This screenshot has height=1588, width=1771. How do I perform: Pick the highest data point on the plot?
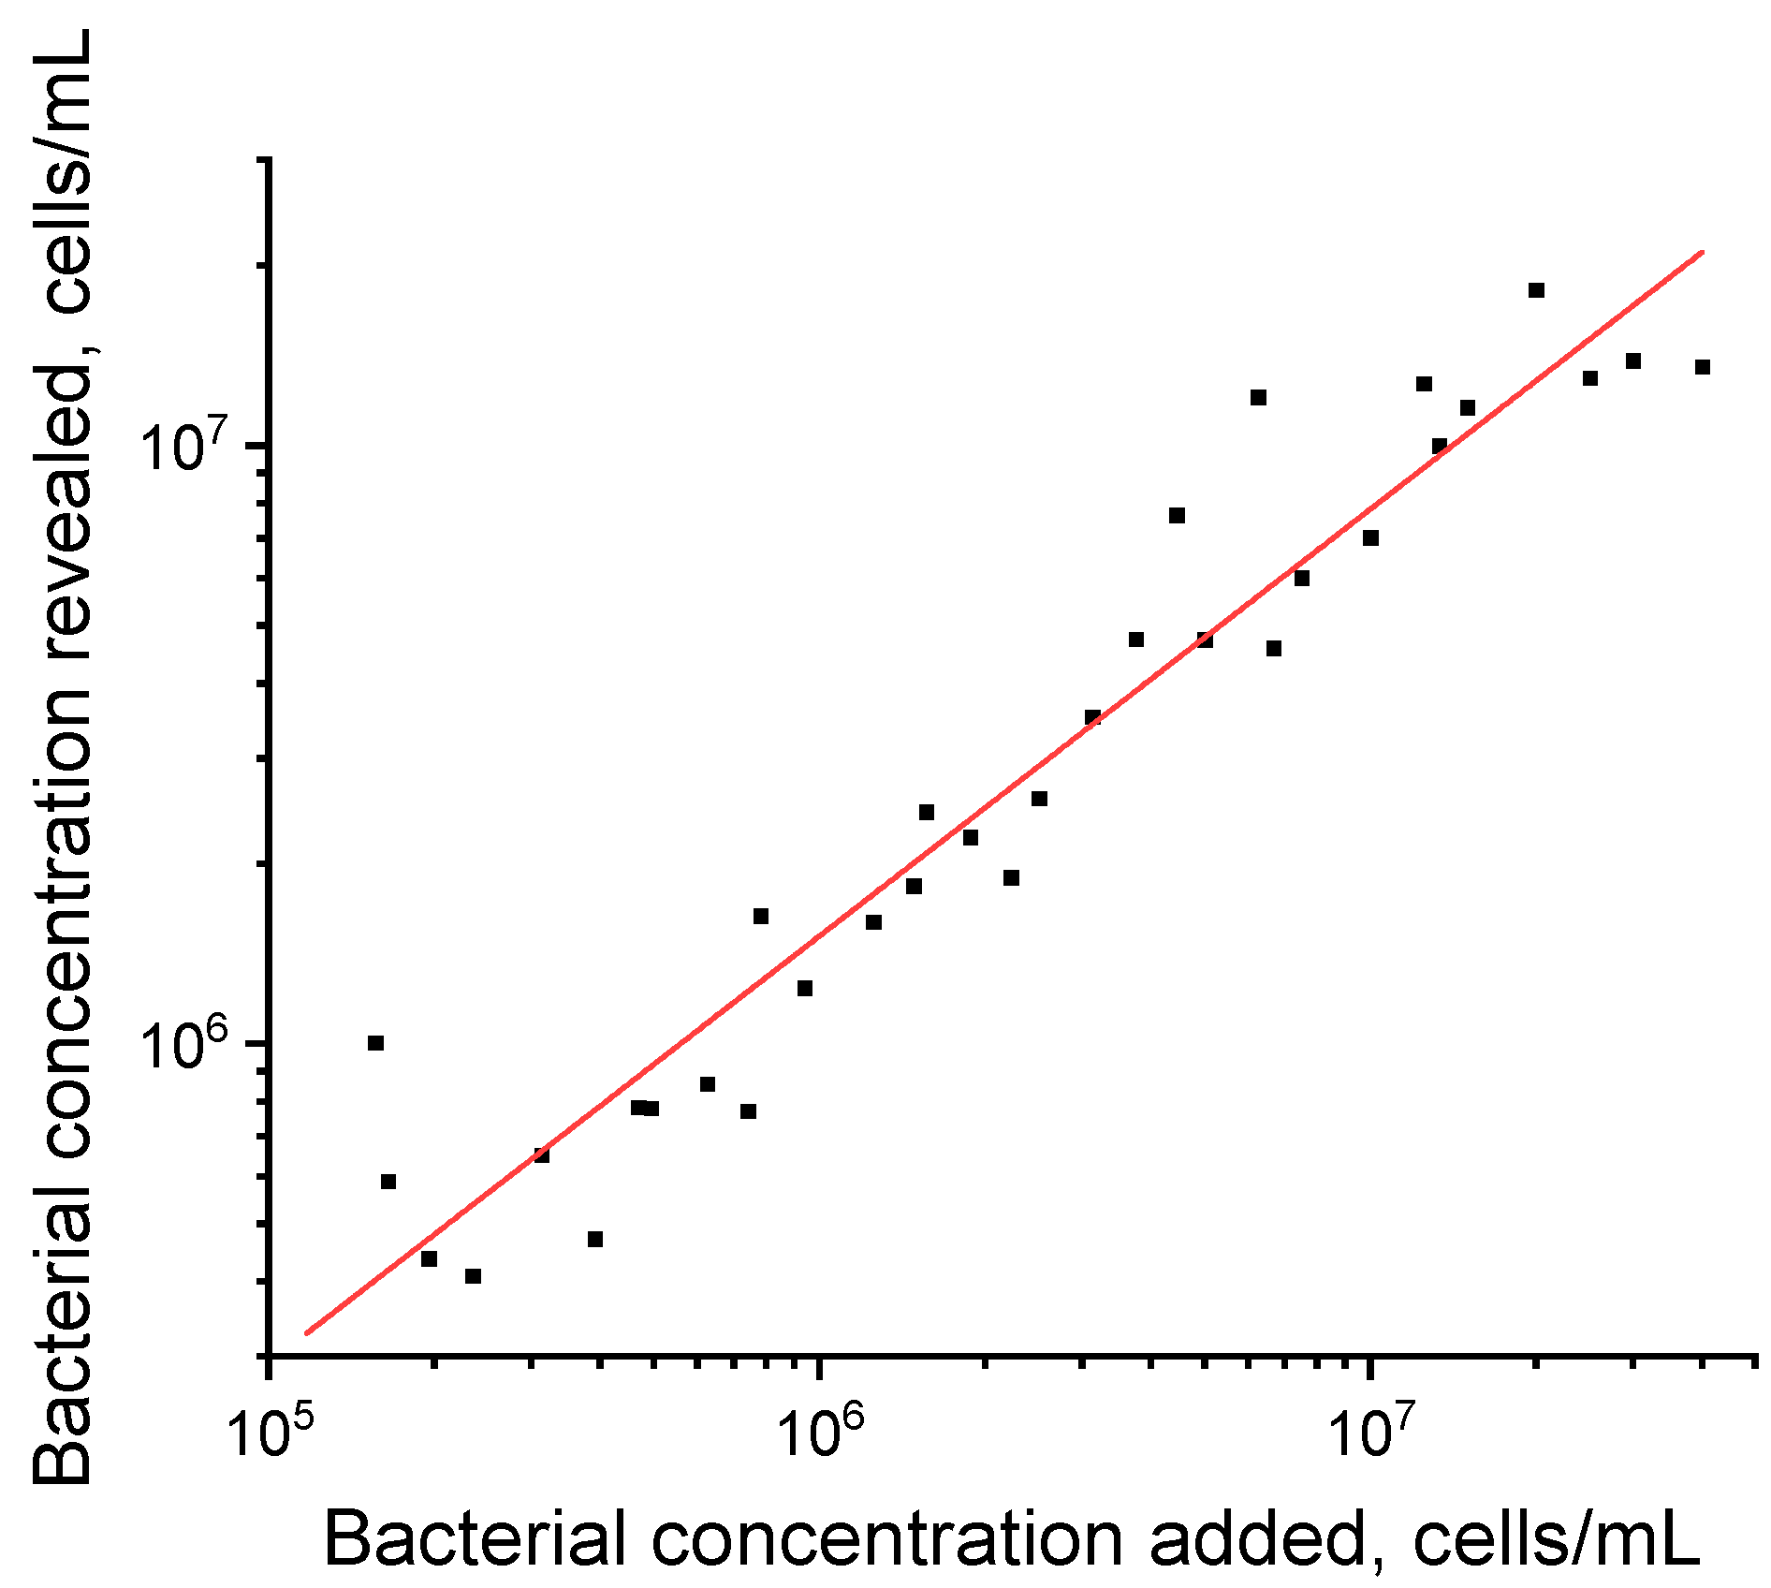point(1536,290)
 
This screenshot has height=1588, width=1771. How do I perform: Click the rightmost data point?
point(1703,367)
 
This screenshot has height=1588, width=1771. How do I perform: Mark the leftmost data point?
point(375,1043)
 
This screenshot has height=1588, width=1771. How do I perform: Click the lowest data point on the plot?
point(473,1276)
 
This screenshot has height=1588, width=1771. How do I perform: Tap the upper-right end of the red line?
point(1703,252)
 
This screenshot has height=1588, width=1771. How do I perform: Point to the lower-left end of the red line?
point(306,1333)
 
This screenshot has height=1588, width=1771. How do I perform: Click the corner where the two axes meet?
point(270,1354)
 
